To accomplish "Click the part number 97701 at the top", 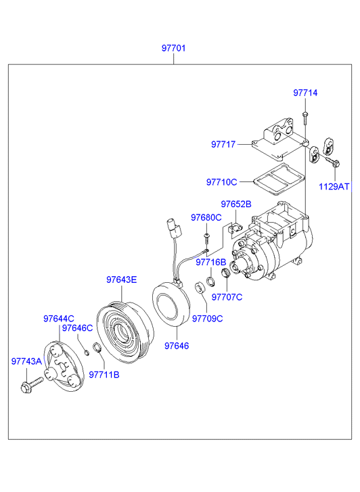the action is click(x=173, y=48).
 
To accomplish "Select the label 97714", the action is click(x=305, y=93).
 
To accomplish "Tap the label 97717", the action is click(x=223, y=144).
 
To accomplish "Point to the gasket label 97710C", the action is click(x=221, y=182).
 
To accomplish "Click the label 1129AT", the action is click(x=334, y=187).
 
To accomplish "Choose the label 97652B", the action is click(x=236, y=204).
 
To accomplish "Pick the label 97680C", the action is click(x=206, y=217).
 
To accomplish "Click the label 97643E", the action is click(x=121, y=279).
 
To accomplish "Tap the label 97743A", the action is click(x=26, y=361).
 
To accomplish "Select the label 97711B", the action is click(x=104, y=375).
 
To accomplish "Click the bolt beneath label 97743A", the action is click(x=31, y=385).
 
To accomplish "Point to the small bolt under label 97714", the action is click(x=305, y=118).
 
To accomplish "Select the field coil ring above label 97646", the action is click(x=171, y=305).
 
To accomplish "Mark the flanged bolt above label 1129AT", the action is click(x=333, y=162).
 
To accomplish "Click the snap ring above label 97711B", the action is click(x=97, y=347).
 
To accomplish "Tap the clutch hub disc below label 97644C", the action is click(x=64, y=367).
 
